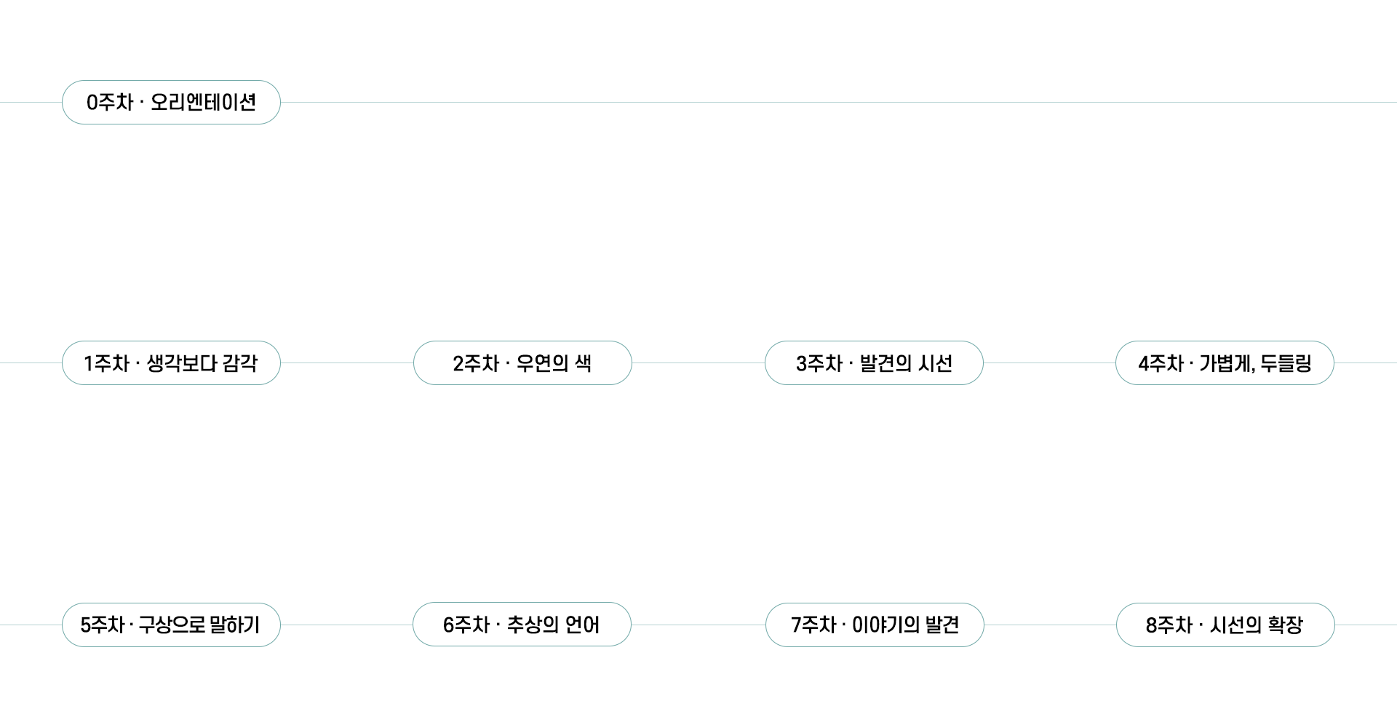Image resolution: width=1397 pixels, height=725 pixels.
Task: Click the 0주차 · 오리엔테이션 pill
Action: [171, 103]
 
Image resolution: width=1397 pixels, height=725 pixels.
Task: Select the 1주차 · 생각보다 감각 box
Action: [171, 363]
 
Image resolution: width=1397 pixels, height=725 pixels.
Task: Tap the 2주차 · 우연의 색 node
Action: [522, 363]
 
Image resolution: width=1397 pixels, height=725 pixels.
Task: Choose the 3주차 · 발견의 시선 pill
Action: [874, 363]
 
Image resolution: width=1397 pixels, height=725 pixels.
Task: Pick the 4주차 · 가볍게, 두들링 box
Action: [1225, 363]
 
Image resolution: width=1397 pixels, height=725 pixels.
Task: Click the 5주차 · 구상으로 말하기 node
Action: [171, 625]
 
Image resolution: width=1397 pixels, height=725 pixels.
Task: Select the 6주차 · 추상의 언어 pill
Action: [522, 625]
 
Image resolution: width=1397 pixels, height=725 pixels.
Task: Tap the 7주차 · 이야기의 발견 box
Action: [875, 625]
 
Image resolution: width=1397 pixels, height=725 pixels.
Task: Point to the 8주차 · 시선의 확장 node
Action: [1225, 625]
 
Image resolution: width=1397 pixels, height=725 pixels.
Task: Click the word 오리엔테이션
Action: [203, 103]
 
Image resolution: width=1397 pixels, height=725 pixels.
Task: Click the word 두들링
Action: [1286, 363]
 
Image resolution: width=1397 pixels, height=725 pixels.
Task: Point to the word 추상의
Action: [533, 625]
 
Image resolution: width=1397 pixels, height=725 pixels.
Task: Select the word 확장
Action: [1285, 625]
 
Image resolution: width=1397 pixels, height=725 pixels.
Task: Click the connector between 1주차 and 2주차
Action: [347, 363]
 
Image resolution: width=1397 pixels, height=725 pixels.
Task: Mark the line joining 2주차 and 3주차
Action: [698, 363]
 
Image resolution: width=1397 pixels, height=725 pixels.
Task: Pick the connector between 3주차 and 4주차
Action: [1049, 363]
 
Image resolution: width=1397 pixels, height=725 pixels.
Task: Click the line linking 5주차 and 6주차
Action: [346, 625]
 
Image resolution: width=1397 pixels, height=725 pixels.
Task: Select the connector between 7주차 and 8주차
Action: [1050, 625]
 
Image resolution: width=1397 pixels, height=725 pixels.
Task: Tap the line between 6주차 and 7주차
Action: [698, 625]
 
